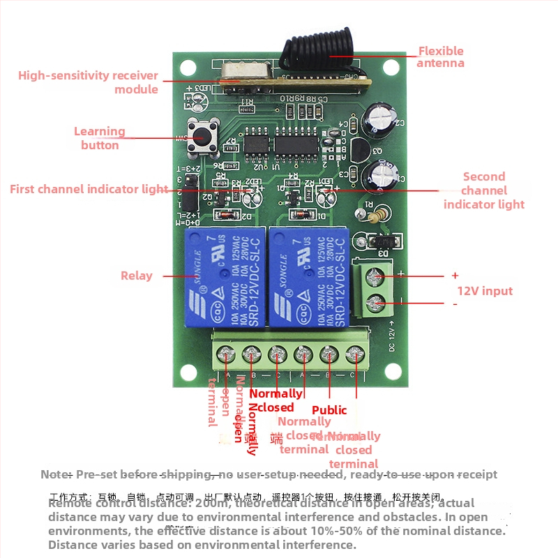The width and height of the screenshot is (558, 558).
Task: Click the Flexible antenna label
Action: pyautogui.click(x=440, y=56)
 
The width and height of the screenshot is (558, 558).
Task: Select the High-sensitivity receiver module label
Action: pyautogui.click(x=89, y=82)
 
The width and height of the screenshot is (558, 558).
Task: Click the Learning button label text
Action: pyautogui.click(x=100, y=138)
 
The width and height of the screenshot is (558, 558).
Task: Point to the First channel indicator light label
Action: pyautogui.click(x=89, y=189)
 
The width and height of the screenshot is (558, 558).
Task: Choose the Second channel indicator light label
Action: pyautogui.click(x=483, y=190)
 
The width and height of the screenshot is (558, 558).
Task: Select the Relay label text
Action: pyautogui.click(x=136, y=276)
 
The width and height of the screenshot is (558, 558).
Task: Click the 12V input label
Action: pyautogui.click(x=484, y=291)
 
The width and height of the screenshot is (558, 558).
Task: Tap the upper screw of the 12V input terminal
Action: pyautogui.click(x=377, y=277)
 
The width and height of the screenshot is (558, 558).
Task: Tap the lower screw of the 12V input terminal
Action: pyautogui.click(x=377, y=303)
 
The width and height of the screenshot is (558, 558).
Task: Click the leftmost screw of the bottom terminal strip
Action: pyautogui.click(x=227, y=355)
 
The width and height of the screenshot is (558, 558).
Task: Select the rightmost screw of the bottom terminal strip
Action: pyautogui.click(x=356, y=355)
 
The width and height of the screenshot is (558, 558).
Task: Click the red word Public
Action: pyautogui.click(x=329, y=410)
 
